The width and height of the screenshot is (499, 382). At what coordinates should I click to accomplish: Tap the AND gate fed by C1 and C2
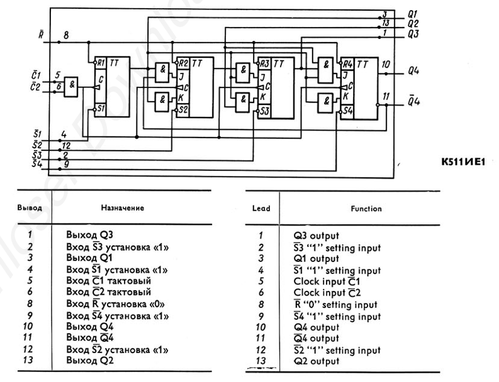72,86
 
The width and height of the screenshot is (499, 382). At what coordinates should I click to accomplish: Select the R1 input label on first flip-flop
100,63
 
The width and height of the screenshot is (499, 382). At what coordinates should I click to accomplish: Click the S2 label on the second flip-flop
183,109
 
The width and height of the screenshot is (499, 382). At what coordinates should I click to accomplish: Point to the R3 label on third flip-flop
264,63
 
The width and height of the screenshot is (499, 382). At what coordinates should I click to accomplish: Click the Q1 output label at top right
413,13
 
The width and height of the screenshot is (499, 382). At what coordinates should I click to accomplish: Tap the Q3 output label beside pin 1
413,33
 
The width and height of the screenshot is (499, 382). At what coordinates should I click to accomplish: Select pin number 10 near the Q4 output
386,64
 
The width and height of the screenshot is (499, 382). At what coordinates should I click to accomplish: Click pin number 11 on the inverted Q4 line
386,95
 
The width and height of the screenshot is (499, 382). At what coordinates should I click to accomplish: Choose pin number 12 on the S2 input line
65,145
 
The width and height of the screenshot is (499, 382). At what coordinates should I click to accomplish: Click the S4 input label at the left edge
36,164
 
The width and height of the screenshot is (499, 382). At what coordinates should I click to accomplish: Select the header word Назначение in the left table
123,207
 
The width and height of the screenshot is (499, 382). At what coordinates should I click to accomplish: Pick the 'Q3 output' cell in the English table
317,236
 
